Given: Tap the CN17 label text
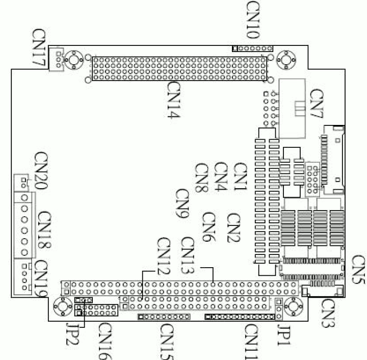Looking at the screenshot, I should pos(39,47).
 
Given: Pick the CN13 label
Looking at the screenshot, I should pos(188,255).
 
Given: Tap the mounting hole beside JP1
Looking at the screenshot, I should pos(294,307).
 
